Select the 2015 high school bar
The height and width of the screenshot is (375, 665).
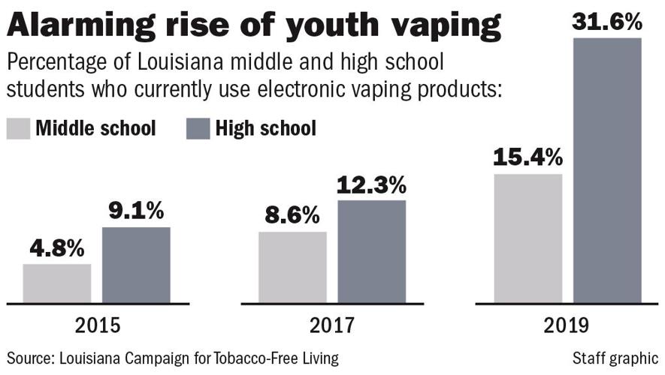[136, 265]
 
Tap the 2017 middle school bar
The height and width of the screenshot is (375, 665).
[292, 268]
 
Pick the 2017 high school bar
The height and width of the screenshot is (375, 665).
[371, 252]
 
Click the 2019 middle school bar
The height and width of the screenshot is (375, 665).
[527, 238]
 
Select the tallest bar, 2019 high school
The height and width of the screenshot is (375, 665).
[607, 171]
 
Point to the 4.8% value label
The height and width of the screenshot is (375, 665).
[57, 248]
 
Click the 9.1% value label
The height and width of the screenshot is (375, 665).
[136, 211]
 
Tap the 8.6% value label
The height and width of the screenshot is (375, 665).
[292, 216]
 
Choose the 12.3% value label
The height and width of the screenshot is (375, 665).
[371, 184]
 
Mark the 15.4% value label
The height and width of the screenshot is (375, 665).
[527, 157]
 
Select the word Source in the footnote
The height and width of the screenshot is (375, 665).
[28, 358]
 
